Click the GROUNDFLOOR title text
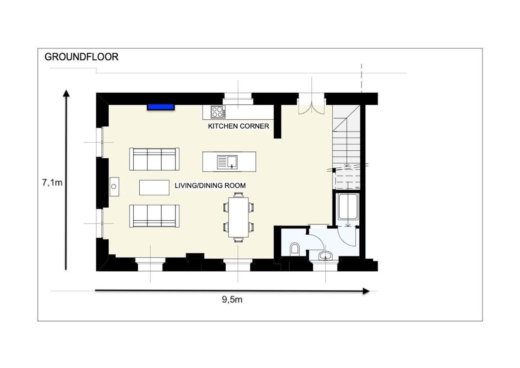click(x=82, y=57)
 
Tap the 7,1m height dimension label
click(x=52, y=183)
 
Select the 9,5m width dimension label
click(x=232, y=300)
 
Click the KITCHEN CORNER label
click(x=238, y=126)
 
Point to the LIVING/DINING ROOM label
click(x=210, y=185)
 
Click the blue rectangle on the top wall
click(x=161, y=107)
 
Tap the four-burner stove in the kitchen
click(x=218, y=112)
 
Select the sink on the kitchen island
click(x=227, y=162)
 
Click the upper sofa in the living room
click(x=154, y=159)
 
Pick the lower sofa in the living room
click(x=154, y=216)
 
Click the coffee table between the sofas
click(x=154, y=187)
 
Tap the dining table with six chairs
click(x=238, y=217)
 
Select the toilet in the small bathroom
click(x=294, y=249)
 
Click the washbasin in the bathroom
click(x=326, y=256)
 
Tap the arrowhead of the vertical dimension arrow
click(x=66, y=93)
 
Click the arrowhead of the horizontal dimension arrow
click(x=366, y=291)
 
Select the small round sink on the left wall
click(x=114, y=187)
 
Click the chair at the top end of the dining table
click(x=238, y=195)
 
